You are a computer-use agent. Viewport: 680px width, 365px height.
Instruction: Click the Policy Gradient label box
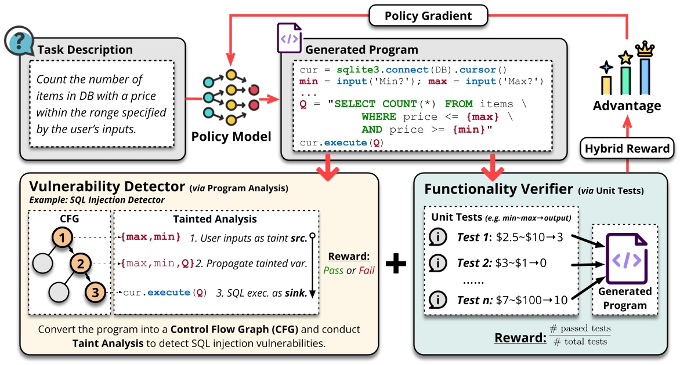428,16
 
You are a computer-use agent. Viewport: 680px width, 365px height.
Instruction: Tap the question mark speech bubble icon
17,41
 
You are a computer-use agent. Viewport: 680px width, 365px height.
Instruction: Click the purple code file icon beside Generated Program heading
289,39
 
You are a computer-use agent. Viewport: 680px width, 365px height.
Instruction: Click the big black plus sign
396,264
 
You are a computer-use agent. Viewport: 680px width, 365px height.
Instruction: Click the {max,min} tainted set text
151,236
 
